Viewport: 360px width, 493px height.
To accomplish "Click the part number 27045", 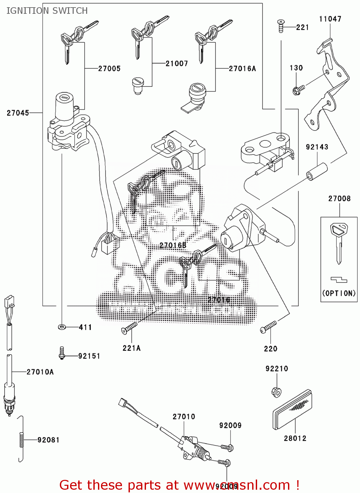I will tap(18, 113).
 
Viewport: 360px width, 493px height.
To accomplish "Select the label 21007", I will tap(177, 63).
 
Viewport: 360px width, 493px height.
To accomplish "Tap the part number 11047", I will tap(330, 19).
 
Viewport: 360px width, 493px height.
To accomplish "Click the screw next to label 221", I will tap(280, 26).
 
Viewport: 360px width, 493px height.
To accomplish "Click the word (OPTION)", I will tap(339, 293).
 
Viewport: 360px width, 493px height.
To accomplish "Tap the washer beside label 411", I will tap(61, 327).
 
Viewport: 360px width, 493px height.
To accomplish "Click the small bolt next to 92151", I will tap(61, 353).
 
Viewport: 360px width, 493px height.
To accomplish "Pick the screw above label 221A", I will tap(129, 328).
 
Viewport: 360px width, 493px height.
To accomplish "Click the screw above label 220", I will tap(268, 327).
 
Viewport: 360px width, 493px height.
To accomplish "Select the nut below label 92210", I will tap(276, 392).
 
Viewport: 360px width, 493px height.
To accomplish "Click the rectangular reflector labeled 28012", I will tap(292, 411).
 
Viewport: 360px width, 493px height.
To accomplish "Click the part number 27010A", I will tap(40, 372).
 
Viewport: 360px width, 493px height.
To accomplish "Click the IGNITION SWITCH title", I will tap(47, 11).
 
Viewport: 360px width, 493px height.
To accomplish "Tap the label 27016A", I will tap(242, 69).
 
